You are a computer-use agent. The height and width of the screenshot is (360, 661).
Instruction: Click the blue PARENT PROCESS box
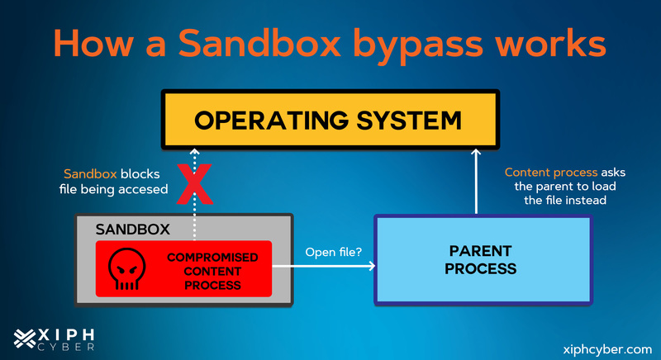pos(483,259)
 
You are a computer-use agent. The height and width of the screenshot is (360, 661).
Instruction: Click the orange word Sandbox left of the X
pos(88,174)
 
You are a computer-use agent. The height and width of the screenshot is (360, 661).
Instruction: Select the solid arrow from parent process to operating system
pos(476,182)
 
